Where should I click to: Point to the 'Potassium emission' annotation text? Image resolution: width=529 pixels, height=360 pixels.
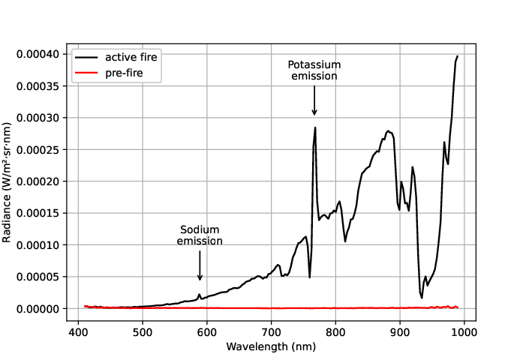coord(314,70)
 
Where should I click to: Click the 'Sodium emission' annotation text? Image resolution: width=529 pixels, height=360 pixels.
coord(200,235)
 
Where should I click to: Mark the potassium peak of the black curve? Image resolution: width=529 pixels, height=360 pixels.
coord(315,127)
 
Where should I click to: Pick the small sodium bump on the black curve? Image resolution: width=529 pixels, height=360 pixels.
coord(199,294)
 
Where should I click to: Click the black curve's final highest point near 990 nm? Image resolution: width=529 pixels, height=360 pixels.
coord(457,55)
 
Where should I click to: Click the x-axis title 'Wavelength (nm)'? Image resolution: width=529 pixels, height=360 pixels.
coord(271,347)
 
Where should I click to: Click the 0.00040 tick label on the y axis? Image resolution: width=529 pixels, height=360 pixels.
coord(40,55)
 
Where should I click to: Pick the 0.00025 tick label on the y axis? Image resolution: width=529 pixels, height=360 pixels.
coord(40,150)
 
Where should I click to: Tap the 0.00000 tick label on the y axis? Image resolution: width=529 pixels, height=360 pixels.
coord(40,309)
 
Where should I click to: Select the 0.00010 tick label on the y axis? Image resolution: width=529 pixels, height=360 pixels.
coord(40,245)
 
